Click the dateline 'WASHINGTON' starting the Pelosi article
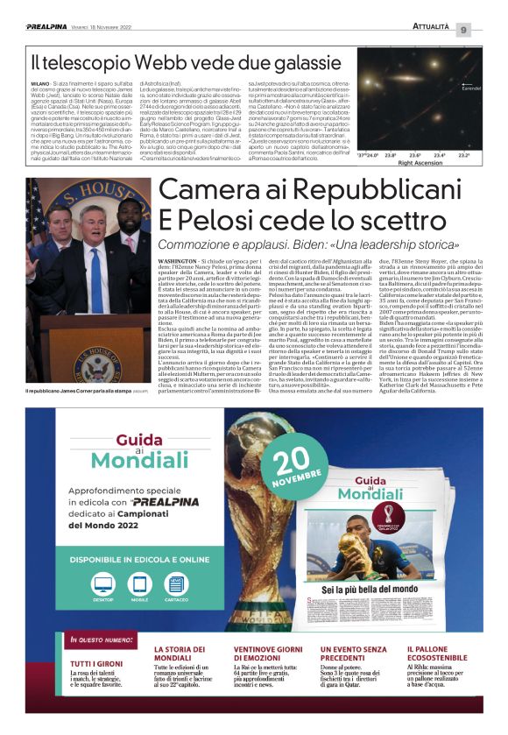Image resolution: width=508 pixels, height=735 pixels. coord(182,262)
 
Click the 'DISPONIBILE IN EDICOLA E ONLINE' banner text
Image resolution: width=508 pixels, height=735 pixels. coord(140,558)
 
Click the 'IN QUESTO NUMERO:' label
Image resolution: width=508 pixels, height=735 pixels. coord(104,640)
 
